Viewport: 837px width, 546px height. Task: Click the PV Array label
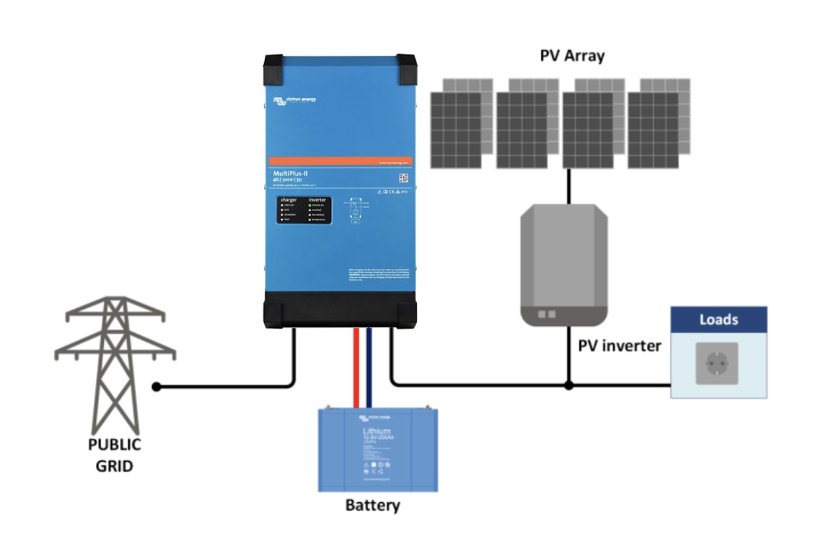(572, 56)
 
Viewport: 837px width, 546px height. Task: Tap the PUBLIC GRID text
(115, 455)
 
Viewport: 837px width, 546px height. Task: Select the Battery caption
(372, 505)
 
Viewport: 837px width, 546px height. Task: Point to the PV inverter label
(620, 345)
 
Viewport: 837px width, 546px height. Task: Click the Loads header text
(719, 320)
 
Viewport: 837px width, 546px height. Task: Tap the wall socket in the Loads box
(717, 363)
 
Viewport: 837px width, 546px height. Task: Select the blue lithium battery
(377, 449)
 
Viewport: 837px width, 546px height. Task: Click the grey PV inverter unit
(563, 265)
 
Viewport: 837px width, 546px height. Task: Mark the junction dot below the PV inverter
(569, 386)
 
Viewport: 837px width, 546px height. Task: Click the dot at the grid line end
(156, 387)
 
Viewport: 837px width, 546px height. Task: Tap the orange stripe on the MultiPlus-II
(340, 161)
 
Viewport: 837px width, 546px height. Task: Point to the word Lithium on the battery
(377, 432)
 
